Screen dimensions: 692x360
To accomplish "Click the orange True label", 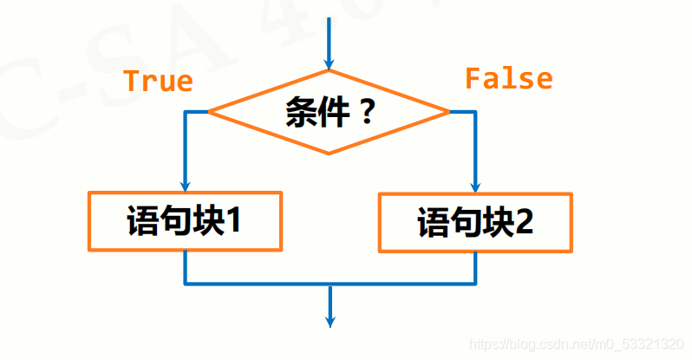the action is tap(157, 81).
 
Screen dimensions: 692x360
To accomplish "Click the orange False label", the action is tap(508, 79).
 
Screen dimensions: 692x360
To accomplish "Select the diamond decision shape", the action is tap(329, 112).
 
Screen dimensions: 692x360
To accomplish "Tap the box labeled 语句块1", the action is tap(185, 221).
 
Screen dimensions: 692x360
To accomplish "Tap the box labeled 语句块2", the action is tap(475, 223).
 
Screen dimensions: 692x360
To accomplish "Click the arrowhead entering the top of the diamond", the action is tap(329, 62).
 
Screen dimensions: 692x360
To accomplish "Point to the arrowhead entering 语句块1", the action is tap(185, 185).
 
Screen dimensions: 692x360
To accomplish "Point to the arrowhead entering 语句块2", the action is tap(475, 187).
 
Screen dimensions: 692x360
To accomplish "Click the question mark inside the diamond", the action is tap(367, 113).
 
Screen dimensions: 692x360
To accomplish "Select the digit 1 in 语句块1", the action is tap(232, 221).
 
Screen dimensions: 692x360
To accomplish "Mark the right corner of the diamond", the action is tap(448, 112).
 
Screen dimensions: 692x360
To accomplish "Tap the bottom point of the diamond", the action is tap(329, 154).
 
